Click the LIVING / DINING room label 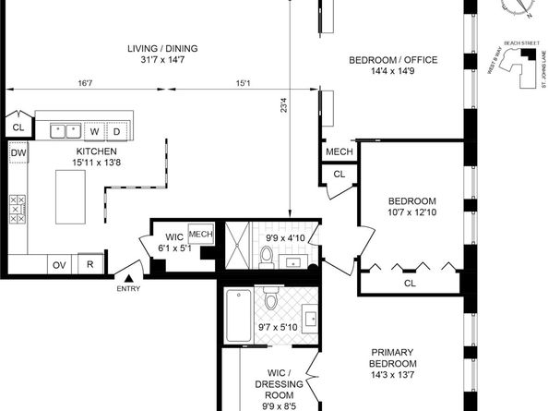(162, 49)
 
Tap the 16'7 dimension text (85, 83)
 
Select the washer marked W (94, 131)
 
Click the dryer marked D (117, 131)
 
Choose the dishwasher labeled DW (18, 153)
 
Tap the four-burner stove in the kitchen (17, 210)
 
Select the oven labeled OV (59, 265)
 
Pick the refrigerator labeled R (90, 265)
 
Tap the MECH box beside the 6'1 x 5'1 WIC (201, 235)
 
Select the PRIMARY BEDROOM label (398, 357)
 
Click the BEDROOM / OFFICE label (392, 61)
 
